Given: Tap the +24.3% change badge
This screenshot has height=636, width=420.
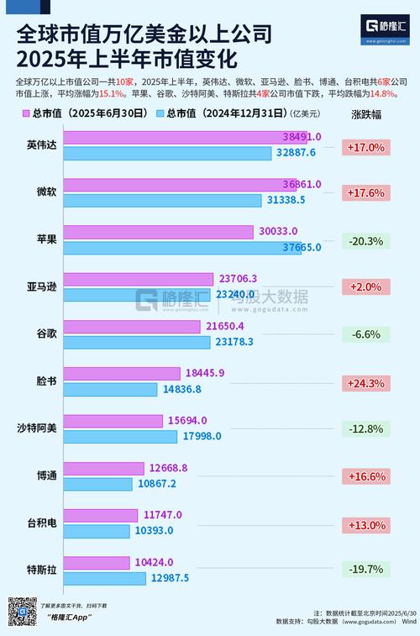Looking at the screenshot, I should click(365, 383).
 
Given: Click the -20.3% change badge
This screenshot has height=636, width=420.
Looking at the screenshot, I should click(365, 241).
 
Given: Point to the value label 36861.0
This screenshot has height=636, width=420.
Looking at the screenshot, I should click(302, 183).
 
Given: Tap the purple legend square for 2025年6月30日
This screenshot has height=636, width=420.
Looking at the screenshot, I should click(27, 113).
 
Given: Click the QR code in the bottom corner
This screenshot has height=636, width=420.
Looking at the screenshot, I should click(21, 610).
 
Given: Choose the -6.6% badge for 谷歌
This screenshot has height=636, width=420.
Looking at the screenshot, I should click(365, 335).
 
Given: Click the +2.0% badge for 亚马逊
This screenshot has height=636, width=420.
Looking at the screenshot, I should click(365, 288).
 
